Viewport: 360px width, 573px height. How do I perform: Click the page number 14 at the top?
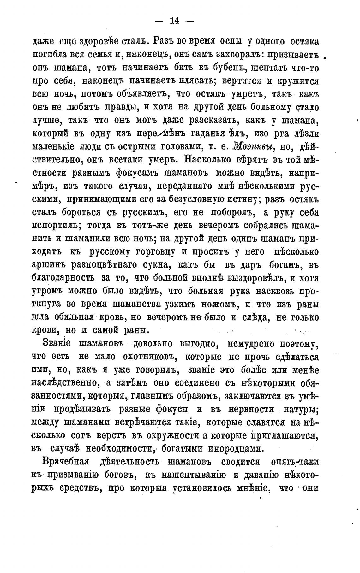(x=174, y=21)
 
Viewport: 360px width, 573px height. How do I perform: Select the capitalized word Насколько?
(x=207, y=160)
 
